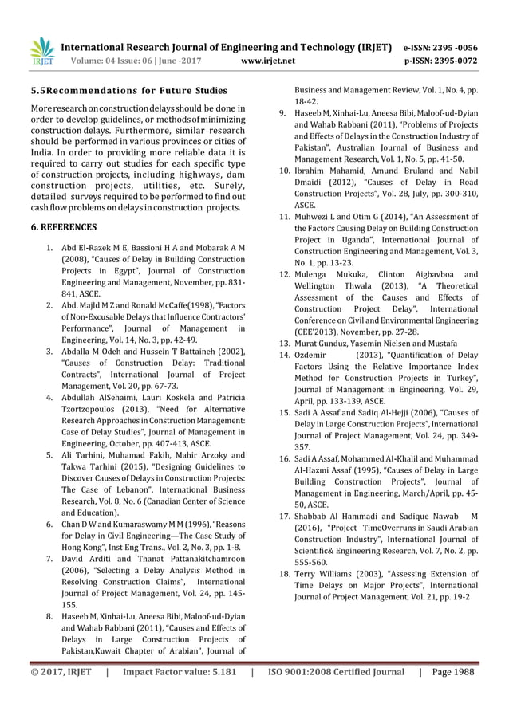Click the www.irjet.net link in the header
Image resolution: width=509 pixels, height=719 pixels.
[267, 60]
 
